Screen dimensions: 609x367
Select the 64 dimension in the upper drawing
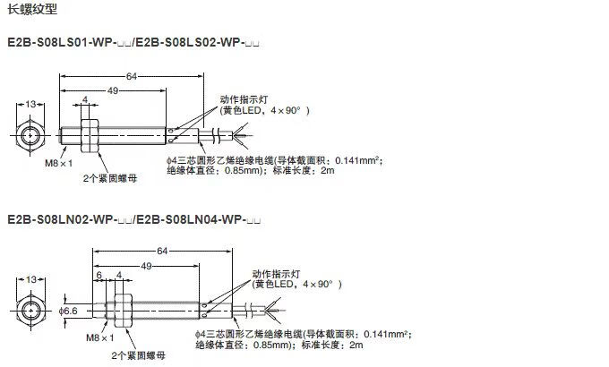pos(132,76)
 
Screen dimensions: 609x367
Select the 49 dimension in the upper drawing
pos(113,90)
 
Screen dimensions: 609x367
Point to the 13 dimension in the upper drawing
pos(30,106)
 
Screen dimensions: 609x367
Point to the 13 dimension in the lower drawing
pos(30,278)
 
